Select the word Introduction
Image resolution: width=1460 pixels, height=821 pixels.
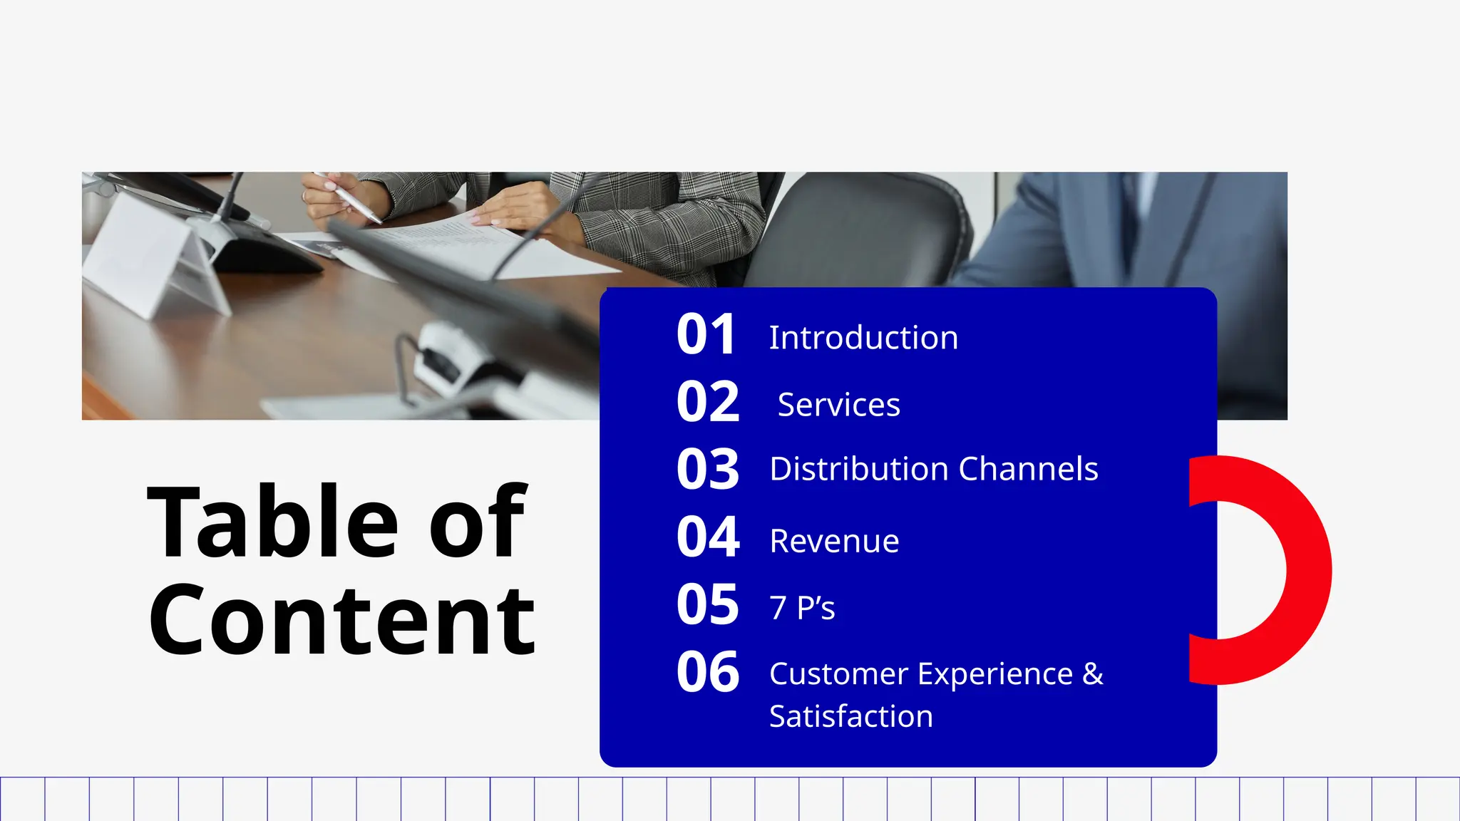[863, 338]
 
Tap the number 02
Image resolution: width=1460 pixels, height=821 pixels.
[708, 402]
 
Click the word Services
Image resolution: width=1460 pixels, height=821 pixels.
[838, 405]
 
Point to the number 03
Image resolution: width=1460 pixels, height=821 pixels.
[708, 470]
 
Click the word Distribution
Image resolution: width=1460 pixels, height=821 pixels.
[859, 469]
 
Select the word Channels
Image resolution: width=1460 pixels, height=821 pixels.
[1028, 469]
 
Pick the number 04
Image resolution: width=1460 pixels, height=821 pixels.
[708, 537]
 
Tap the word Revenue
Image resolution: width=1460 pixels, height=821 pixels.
[834, 541]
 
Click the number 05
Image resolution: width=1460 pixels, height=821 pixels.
[708, 604]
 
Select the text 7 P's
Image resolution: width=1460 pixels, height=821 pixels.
[802, 608]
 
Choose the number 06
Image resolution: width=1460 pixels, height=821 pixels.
[708, 672]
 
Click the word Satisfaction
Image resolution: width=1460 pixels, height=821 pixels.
[851, 716]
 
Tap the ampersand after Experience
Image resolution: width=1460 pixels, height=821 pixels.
[1092, 674]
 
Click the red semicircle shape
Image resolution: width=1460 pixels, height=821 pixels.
[1308, 570]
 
